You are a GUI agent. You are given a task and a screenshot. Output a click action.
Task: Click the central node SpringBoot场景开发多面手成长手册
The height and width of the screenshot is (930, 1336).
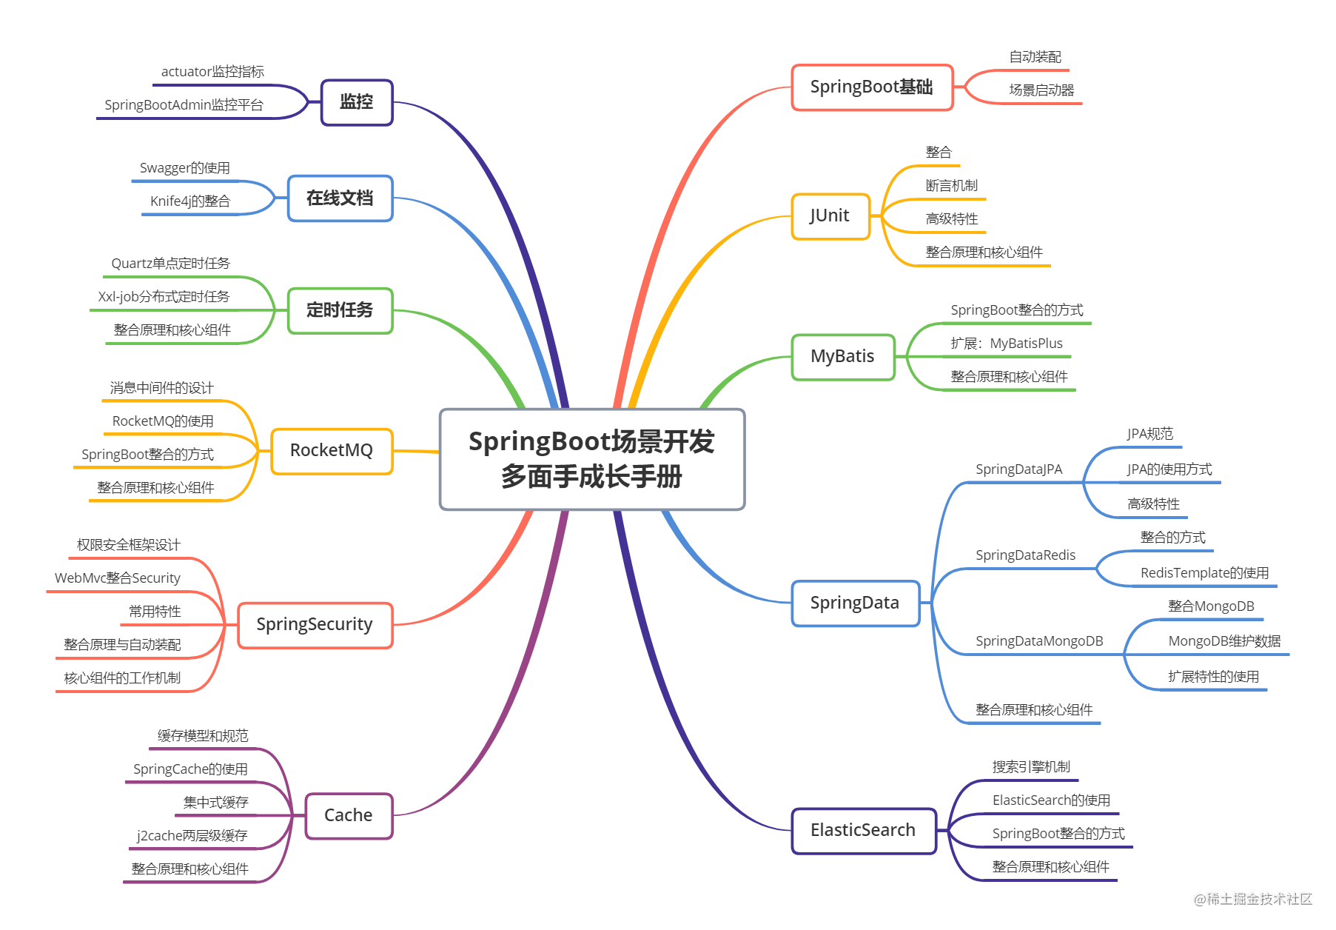coord(591,459)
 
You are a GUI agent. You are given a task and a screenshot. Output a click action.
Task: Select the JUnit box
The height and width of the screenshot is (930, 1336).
coord(830,216)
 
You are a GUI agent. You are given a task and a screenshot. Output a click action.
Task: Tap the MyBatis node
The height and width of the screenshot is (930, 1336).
coord(842,357)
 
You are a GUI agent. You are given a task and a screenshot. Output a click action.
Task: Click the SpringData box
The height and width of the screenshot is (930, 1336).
coord(855,603)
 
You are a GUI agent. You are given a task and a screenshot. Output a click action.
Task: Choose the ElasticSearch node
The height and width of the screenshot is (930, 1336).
coord(863,831)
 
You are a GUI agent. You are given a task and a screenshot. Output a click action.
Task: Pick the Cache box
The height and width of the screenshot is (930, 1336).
coord(349,816)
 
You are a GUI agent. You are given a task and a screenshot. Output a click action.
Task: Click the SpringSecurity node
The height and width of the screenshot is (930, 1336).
coord(315,625)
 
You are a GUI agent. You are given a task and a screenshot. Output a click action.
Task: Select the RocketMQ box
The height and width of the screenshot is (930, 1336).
coord(332,451)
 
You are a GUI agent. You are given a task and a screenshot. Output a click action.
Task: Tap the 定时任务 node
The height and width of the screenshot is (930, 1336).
coord(340,310)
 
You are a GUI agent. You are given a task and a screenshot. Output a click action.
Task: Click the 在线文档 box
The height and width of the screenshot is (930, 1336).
coord(340,198)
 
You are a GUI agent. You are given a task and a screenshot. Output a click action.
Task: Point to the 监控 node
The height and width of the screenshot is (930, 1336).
coord(356,102)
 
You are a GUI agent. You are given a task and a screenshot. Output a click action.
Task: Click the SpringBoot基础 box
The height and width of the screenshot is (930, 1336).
coord(871,87)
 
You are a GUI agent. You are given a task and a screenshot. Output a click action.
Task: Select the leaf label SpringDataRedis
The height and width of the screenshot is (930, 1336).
coord(1025,555)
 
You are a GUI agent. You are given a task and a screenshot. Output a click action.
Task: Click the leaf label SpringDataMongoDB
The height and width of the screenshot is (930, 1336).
coord(1039,641)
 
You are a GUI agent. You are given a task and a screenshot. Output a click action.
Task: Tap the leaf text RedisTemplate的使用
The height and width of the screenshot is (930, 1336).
coord(1204,573)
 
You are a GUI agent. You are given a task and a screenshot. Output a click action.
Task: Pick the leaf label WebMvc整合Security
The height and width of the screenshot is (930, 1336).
coord(118,578)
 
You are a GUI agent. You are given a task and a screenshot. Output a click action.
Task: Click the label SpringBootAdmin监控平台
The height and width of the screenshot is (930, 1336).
coord(184,105)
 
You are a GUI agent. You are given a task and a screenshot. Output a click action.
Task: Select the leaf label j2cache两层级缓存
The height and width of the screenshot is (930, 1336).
coord(192,836)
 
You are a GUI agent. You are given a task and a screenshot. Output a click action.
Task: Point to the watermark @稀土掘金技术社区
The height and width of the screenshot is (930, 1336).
coord(1252,898)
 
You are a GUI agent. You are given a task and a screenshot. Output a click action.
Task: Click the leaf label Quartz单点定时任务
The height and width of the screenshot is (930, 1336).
coord(170,264)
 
